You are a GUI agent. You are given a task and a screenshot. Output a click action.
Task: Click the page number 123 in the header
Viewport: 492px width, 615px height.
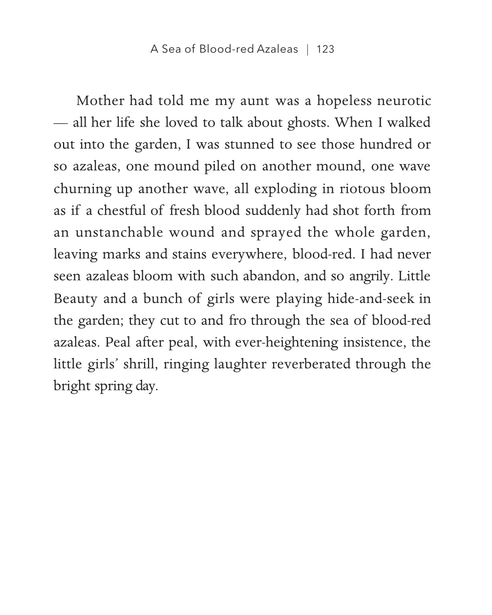pos(325,49)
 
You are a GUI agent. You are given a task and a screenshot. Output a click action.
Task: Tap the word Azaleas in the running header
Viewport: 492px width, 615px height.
pos(277,49)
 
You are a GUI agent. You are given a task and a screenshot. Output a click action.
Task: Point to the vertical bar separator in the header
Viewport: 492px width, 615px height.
pos(307,49)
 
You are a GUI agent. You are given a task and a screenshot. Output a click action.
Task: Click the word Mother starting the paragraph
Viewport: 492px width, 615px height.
pos(100,101)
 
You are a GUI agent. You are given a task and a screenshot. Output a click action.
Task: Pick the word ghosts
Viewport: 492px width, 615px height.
pos(308,123)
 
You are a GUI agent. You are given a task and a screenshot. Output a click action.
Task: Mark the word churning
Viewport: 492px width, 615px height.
pos(82,189)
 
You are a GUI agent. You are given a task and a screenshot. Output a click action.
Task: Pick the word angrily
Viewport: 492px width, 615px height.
pos(370,276)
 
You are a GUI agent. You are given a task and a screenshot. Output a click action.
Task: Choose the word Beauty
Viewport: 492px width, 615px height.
pos(75,298)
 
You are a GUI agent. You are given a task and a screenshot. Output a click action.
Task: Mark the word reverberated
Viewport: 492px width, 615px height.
pos(311,364)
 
